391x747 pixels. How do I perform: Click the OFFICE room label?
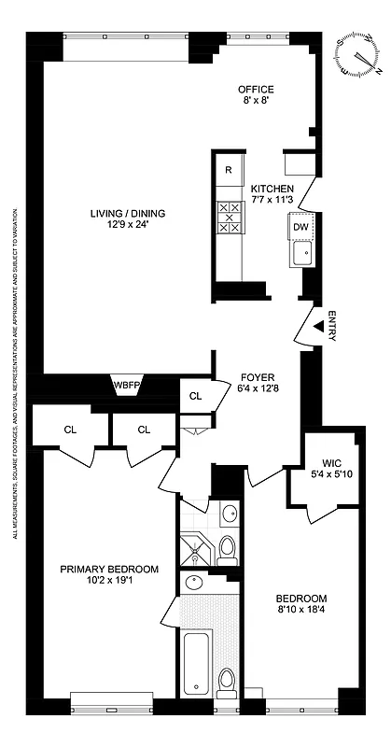coord(255,89)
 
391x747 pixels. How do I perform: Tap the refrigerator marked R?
coord(229,169)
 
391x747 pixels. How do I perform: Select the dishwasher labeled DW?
coord(300,227)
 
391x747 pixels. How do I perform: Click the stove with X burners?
coord(229,217)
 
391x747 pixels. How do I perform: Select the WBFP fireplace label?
coord(126,385)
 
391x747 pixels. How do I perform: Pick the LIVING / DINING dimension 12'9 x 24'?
coord(119,224)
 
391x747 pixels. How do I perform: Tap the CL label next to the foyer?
coord(195,396)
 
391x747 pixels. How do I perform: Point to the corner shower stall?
coord(197,548)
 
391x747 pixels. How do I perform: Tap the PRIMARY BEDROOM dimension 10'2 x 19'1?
coord(109,581)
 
